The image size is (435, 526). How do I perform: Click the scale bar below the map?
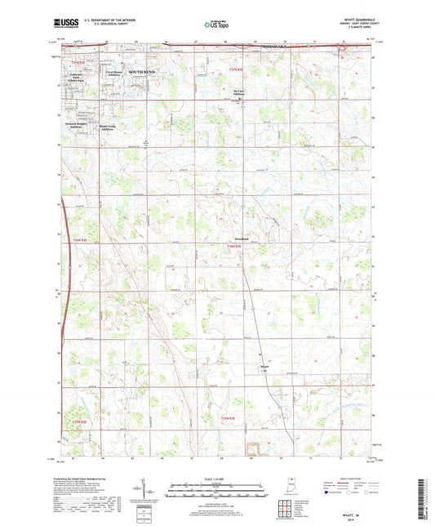pos(215,493)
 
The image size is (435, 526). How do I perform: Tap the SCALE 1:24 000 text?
pos(215,478)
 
